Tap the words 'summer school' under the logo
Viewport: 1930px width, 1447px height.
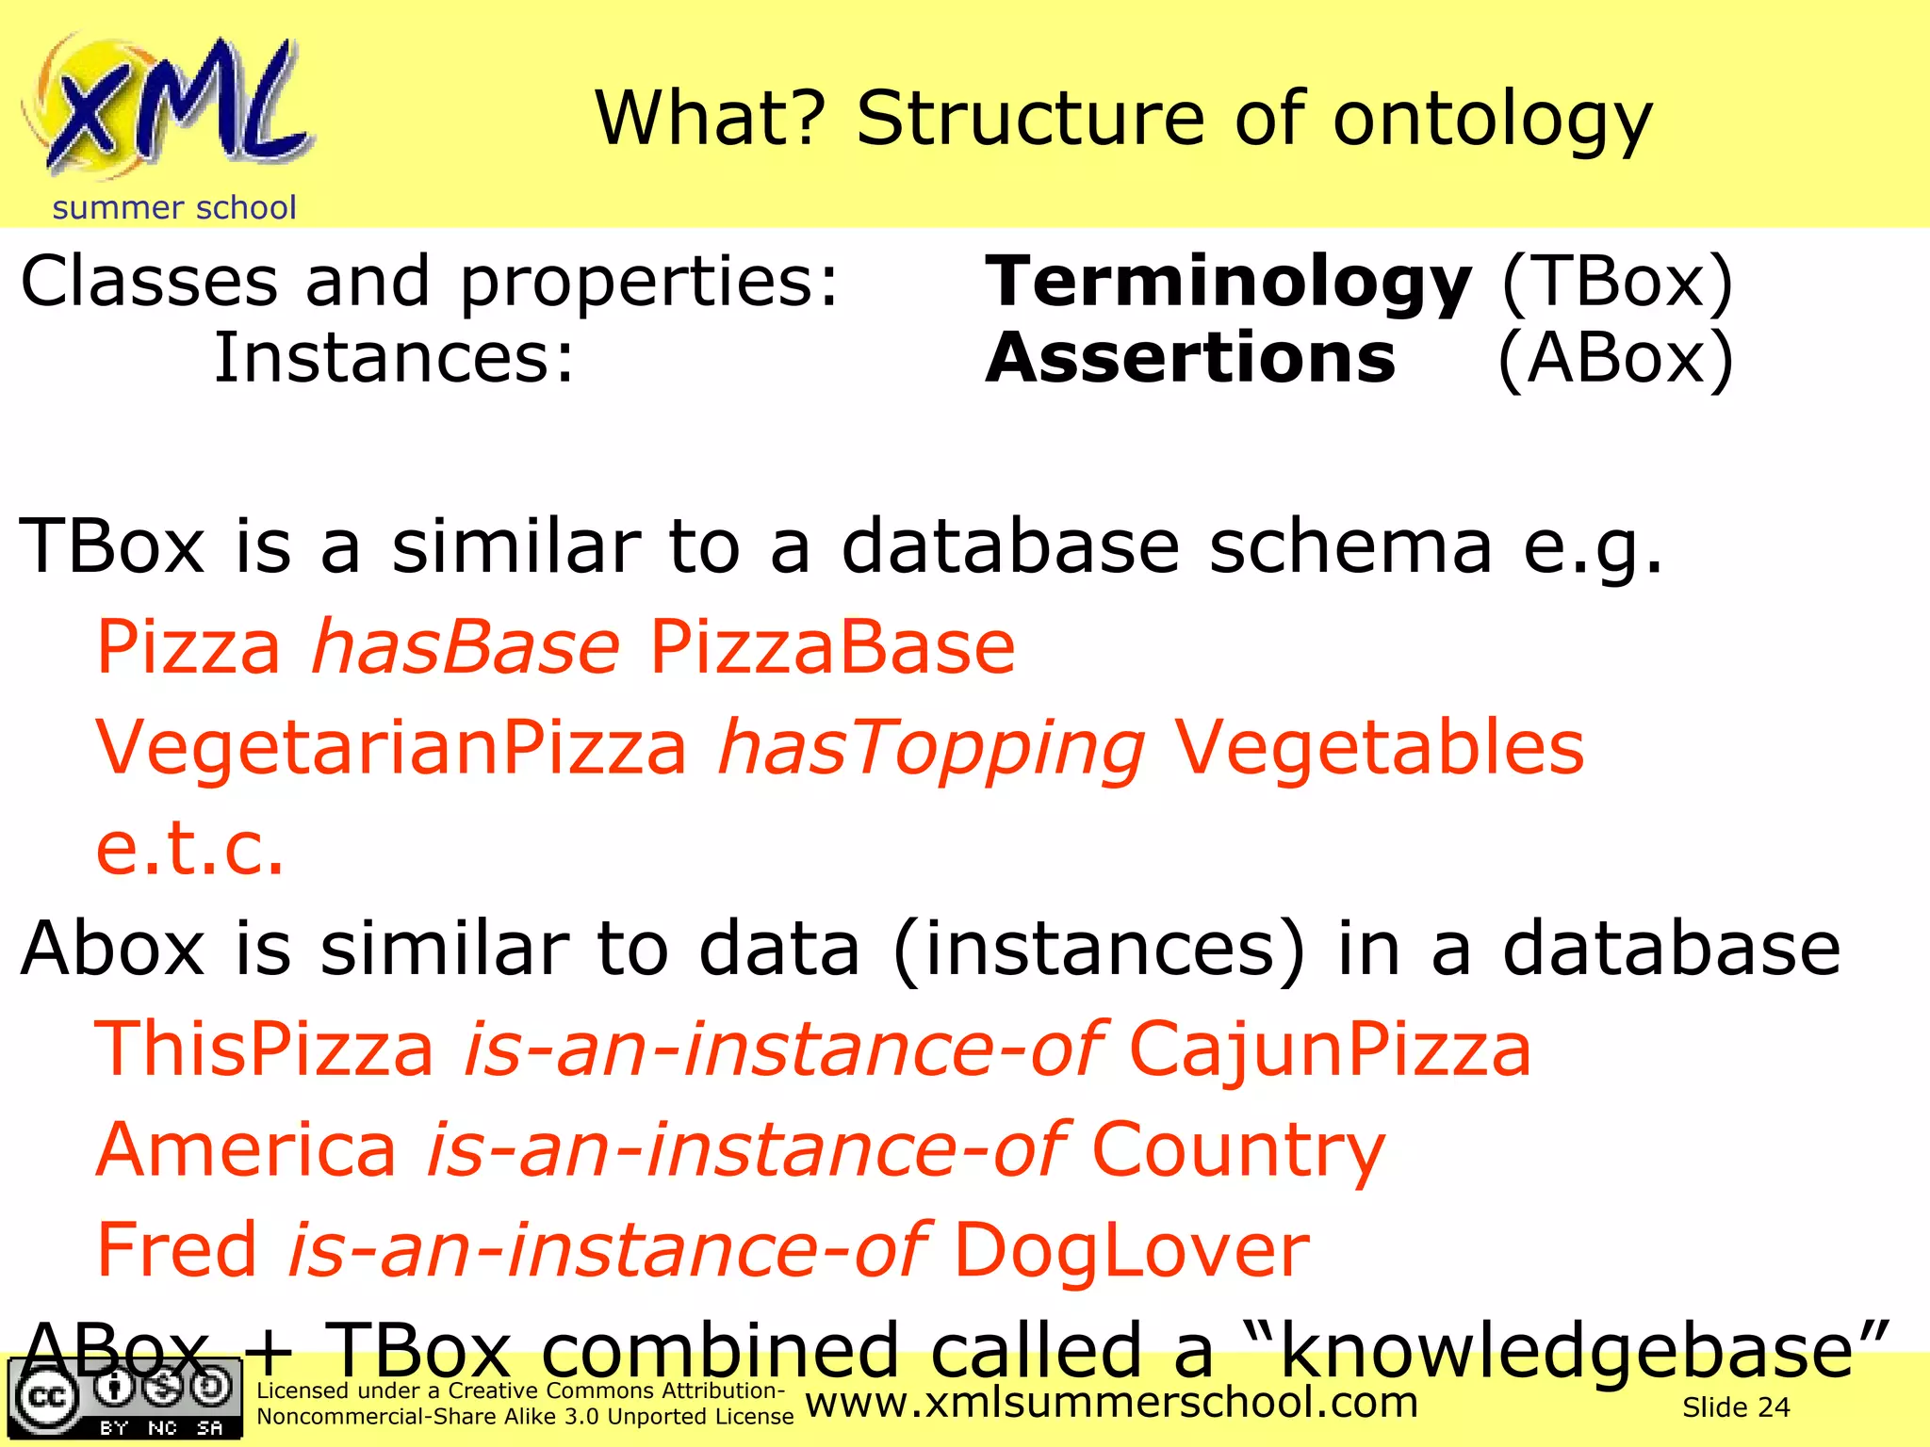coord(174,207)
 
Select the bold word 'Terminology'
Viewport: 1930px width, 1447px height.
coord(1228,282)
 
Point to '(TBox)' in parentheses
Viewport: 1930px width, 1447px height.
coord(1616,282)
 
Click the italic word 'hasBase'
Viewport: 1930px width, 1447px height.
coord(466,647)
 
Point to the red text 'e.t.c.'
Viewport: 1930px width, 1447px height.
coord(189,848)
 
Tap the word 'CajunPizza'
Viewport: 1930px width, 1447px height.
coord(1330,1049)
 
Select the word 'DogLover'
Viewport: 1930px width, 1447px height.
coord(1132,1250)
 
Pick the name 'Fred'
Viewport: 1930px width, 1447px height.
coord(177,1249)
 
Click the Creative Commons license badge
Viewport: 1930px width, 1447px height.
coord(124,1398)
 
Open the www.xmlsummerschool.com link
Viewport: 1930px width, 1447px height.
coord(1112,1403)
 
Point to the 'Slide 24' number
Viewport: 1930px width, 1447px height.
coord(1736,1407)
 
